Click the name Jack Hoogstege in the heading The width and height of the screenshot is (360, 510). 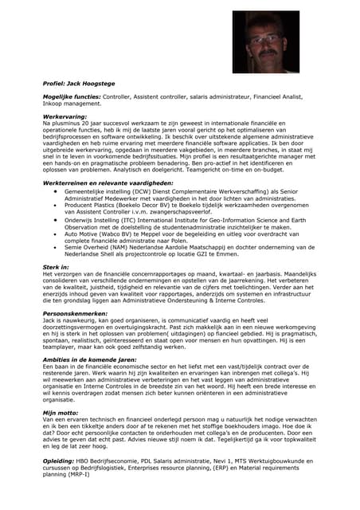pyautogui.click(x=92, y=82)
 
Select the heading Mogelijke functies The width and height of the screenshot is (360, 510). pyautogui.click(x=71, y=96)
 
